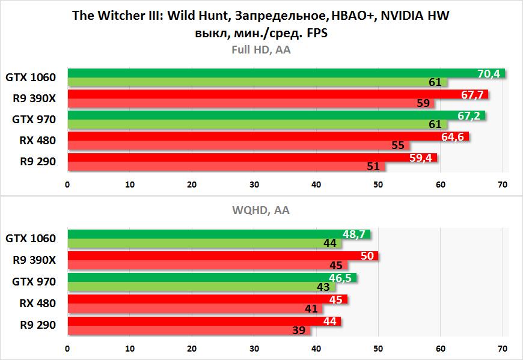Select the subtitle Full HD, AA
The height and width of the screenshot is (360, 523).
pyautogui.click(x=261, y=50)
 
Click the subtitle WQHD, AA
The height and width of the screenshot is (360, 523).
pyautogui.click(x=261, y=210)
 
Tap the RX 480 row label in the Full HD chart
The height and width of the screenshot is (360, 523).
pyautogui.click(x=37, y=141)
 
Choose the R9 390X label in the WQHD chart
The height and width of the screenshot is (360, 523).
pyautogui.click(x=35, y=260)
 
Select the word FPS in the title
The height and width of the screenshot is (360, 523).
pyautogui.click(x=316, y=34)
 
